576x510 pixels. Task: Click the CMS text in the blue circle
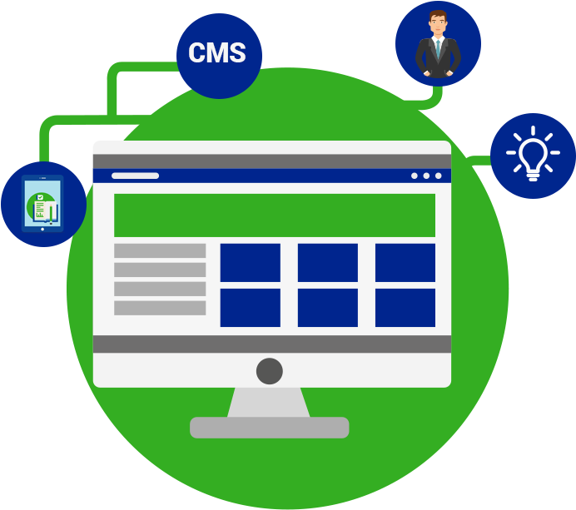tap(217, 52)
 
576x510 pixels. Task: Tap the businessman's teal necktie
tap(438, 49)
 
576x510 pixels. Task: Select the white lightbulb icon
tap(533, 154)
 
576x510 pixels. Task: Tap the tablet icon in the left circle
tap(42, 203)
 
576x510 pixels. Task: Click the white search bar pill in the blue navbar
tap(135, 176)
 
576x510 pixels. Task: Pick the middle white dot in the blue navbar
tap(426, 176)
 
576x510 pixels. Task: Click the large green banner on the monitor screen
tap(275, 215)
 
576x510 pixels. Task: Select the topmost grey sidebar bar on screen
tap(160, 250)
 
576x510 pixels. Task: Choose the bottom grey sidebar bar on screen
tap(160, 308)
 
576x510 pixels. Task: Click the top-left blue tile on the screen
tap(251, 263)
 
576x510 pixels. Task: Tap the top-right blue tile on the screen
tap(405, 263)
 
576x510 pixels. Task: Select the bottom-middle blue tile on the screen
tap(328, 308)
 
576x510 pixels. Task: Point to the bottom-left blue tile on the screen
tap(251, 308)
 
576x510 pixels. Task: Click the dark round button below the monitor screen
tap(270, 371)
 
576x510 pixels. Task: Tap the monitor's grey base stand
tap(269, 428)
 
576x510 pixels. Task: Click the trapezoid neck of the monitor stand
tap(269, 403)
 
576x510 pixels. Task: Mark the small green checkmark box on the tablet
tap(41, 197)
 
